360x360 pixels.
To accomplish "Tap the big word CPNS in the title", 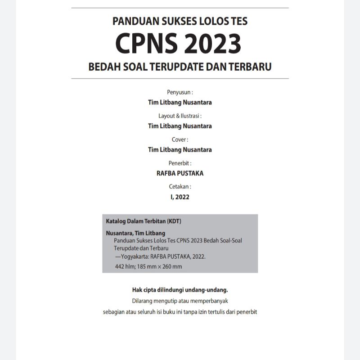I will (146, 43).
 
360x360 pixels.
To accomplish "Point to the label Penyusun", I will (180, 92).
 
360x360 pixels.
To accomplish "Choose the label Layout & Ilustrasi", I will (180, 116).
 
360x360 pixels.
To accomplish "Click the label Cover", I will (180, 139).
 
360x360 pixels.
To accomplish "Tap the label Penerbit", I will (180, 163).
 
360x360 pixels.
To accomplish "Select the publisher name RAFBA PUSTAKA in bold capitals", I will (180, 173).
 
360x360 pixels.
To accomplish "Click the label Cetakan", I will (180, 186).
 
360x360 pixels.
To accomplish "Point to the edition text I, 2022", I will (180, 197).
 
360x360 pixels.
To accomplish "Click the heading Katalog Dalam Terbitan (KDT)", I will (144, 221).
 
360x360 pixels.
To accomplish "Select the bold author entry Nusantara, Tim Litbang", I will (135, 233).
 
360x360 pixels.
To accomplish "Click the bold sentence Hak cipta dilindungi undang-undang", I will (180, 290).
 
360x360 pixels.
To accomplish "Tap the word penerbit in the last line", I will (247, 311).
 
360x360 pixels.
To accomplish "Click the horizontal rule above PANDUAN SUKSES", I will (180, 8).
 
